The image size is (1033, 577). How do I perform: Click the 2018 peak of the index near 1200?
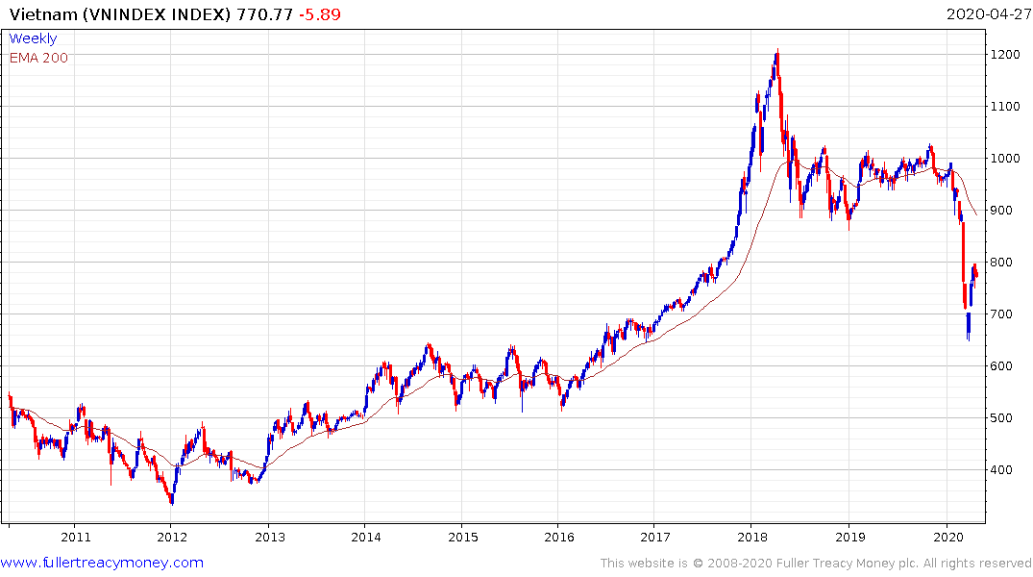pyautogui.click(x=776, y=52)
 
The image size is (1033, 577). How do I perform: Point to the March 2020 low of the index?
pyautogui.click(x=968, y=339)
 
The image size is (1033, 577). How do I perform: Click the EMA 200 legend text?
pyautogui.click(x=38, y=57)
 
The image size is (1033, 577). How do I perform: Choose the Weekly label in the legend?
pyautogui.click(x=33, y=38)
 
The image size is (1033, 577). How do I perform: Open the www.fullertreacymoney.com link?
pyautogui.click(x=102, y=563)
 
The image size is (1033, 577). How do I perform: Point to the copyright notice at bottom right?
pyautogui.click(x=816, y=564)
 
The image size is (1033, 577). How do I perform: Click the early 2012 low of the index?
pyautogui.click(x=171, y=501)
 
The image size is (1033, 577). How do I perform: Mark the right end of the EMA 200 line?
pyautogui.click(x=977, y=214)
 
